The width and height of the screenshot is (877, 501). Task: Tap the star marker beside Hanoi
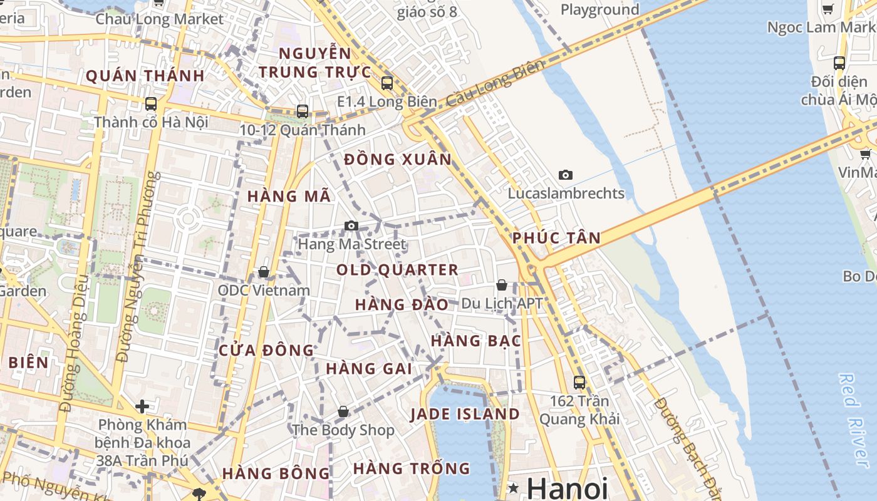click(514, 488)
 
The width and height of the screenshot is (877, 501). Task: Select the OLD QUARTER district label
click(397, 270)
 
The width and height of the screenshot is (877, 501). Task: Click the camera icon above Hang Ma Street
click(351, 226)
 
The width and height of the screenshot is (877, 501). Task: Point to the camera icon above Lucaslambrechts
click(566, 175)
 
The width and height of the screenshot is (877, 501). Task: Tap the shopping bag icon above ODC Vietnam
click(264, 272)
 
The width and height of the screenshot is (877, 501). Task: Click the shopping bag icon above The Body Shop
click(343, 412)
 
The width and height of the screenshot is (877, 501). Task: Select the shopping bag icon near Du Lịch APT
click(501, 285)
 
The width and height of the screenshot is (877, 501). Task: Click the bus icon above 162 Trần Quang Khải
click(579, 382)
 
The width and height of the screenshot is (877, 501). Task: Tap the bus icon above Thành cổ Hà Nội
click(151, 104)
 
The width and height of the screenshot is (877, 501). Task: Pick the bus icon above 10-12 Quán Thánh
click(303, 111)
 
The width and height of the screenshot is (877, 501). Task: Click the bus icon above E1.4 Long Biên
click(387, 83)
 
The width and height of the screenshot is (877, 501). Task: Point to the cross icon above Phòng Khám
click(142, 406)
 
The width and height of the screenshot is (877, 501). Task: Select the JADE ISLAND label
click(465, 414)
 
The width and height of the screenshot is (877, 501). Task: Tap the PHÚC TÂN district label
click(556, 238)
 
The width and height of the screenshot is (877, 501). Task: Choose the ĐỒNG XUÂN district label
click(398, 160)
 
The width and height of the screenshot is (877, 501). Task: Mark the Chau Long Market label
click(159, 19)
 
